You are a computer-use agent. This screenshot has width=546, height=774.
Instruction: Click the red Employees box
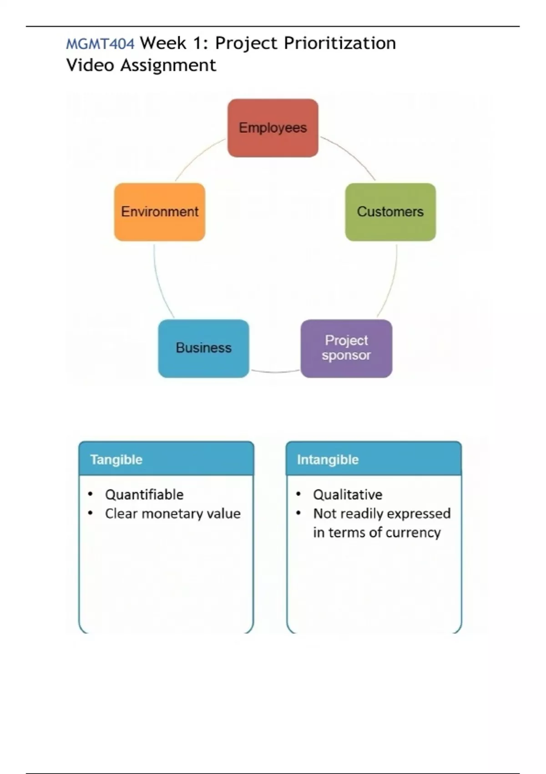(x=273, y=128)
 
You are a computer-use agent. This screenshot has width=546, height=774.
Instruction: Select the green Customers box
(x=390, y=212)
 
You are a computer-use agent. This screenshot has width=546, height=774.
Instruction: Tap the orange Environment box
(x=160, y=212)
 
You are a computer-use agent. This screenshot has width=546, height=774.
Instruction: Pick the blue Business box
(x=203, y=348)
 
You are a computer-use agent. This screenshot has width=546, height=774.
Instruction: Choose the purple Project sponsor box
(x=346, y=348)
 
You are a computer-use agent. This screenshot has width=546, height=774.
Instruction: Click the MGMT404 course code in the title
(x=100, y=44)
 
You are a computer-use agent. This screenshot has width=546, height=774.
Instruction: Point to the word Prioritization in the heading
(x=339, y=43)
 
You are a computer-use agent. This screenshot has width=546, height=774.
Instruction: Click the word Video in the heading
(x=90, y=65)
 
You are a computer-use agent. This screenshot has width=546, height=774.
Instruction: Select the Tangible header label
(x=116, y=459)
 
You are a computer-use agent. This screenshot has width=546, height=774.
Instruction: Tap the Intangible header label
(x=328, y=459)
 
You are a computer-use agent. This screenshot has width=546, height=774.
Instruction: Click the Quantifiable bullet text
(x=144, y=494)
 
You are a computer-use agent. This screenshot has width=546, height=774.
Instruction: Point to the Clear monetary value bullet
(x=172, y=514)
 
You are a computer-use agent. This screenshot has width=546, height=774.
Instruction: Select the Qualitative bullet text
(x=348, y=494)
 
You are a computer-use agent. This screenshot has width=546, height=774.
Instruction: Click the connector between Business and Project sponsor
(x=275, y=372)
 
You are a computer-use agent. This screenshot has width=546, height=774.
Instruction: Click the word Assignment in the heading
(x=168, y=65)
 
